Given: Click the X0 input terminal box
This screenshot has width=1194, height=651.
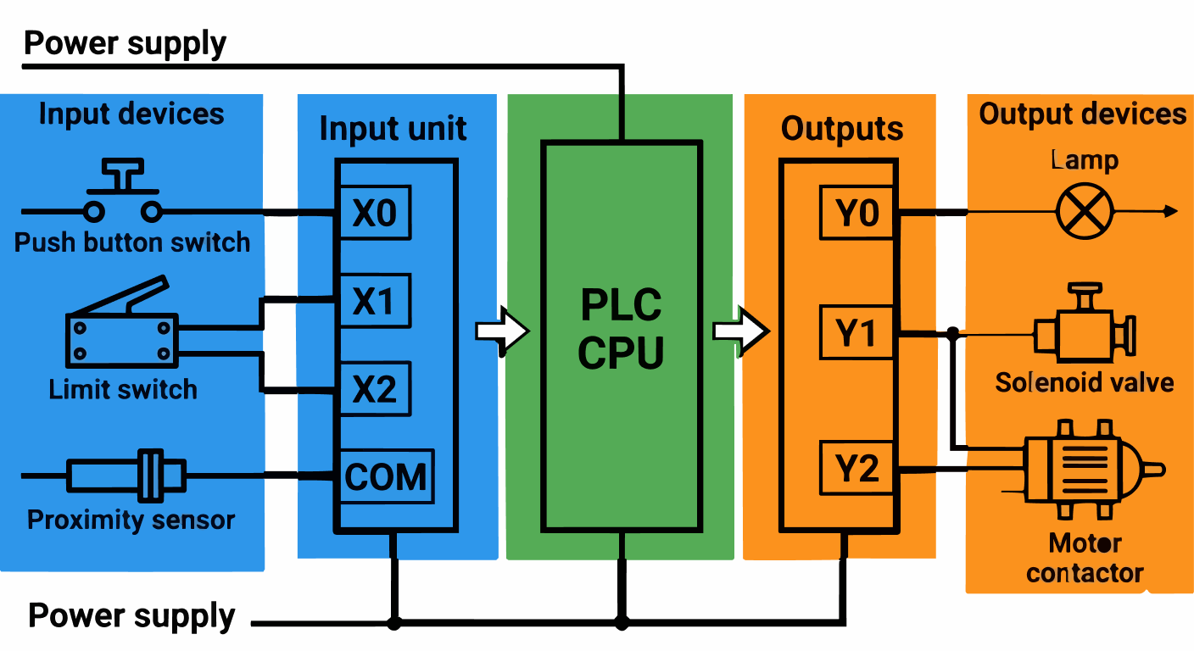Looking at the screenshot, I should pos(375,213).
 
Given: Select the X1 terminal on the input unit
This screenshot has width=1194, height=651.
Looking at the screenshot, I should pos(375,301).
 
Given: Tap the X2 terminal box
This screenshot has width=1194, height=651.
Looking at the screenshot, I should pos(375,389).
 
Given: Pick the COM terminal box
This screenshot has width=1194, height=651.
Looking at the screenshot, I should pos(387,476).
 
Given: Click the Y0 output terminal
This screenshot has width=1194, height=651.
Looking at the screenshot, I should pos(857,214).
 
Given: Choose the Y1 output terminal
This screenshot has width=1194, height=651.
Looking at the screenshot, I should pos(857,334).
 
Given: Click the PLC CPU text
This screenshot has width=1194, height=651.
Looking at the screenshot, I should pos(621,329).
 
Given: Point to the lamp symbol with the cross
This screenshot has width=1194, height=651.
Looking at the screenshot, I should pos(1085,211).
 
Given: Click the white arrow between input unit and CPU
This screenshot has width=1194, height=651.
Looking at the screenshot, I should pos(503,330).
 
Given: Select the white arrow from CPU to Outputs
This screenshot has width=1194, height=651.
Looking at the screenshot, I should pos(740,330).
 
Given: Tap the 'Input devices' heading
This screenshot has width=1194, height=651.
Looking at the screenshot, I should pos(131,114).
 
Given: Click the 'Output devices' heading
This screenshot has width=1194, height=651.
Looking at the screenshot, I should pos(1082,114).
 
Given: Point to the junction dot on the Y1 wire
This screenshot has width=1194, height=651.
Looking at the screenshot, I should pos(953,333).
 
